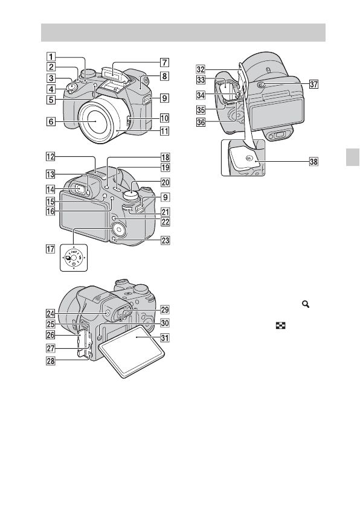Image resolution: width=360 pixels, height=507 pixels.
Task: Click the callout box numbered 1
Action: pyautogui.click(x=51, y=57)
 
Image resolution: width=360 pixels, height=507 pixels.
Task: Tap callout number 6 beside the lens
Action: pyautogui.click(x=51, y=121)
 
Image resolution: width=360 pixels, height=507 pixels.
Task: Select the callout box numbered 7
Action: pyautogui.click(x=164, y=62)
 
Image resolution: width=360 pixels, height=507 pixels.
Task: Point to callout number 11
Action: pyautogui.click(x=165, y=131)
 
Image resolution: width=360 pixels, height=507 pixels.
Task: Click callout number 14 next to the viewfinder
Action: pyautogui.click(x=51, y=189)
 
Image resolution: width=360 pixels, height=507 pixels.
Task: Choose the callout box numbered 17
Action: pyautogui.click(x=51, y=249)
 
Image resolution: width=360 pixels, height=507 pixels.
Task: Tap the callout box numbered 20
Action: pyautogui.click(x=166, y=182)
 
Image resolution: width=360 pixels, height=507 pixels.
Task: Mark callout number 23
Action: pyautogui.click(x=166, y=241)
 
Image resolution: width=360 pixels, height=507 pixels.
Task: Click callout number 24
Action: pyautogui.click(x=51, y=313)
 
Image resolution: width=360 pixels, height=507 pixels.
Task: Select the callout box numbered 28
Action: pyautogui.click(x=51, y=360)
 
